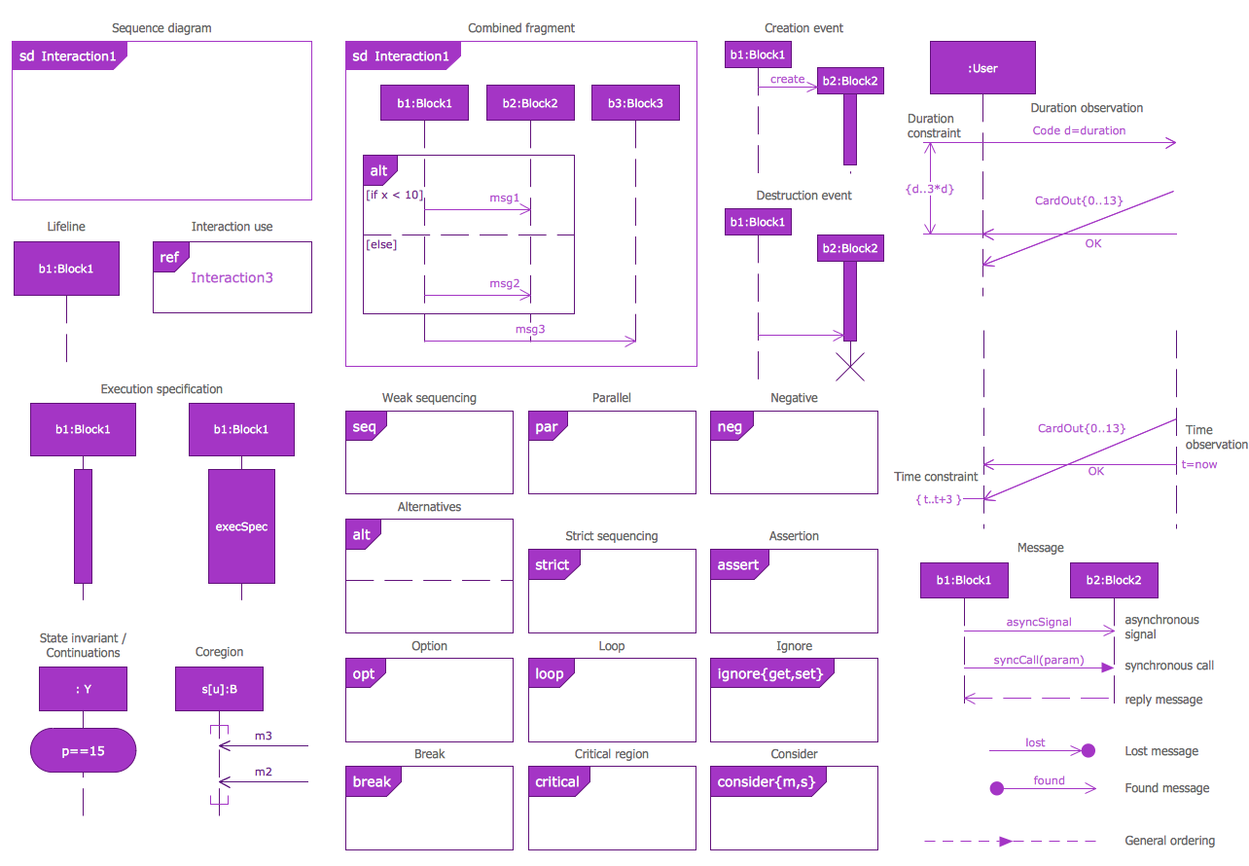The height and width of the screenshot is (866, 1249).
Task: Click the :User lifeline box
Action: (982, 68)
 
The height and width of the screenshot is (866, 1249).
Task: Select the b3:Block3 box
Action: (635, 103)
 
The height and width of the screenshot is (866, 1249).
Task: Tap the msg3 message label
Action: (530, 329)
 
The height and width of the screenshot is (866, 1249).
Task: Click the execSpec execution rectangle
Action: (241, 526)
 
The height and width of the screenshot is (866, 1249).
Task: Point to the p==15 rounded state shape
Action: (83, 750)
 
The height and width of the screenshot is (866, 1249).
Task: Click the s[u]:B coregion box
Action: (219, 689)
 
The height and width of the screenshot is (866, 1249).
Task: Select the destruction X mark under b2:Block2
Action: (850, 367)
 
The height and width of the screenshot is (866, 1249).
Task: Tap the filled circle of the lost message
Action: (1088, 750)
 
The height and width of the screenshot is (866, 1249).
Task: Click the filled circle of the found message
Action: (996, 788)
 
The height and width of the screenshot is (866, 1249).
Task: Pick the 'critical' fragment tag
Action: (557, 781)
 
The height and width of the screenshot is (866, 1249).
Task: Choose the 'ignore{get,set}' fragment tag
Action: (775, 673)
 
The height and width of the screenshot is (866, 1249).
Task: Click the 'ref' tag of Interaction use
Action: (169, 258)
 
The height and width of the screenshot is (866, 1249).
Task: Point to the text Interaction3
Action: (232, 277)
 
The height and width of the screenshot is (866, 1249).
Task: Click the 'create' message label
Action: (787, 79)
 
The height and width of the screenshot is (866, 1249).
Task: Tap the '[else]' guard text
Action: (381, 244)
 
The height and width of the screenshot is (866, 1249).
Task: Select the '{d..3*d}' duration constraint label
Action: (929, 189)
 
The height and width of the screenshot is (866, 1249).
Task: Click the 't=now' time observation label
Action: (1199, 464)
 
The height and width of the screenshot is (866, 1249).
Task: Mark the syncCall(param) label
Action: (1038, 660)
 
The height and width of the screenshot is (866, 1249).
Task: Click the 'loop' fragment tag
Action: (550, 673)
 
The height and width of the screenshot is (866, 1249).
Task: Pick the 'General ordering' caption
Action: (1169, 841)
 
